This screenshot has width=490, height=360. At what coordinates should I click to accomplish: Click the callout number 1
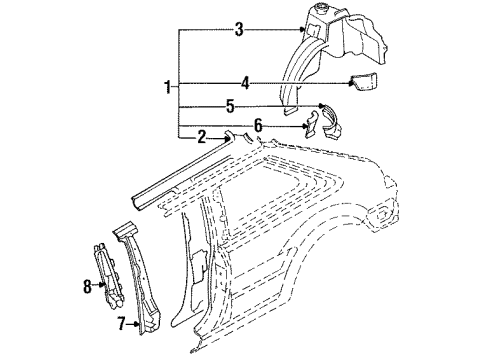click(x=169, y=87)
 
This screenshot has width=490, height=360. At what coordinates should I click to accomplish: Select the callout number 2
click(x=202, y=137)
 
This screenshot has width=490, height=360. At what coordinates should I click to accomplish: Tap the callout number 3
click(x=239, y=29)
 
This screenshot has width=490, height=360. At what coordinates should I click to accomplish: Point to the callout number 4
click(x=245, y=83)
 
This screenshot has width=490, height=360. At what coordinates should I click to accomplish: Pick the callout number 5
click(x=230, y=107)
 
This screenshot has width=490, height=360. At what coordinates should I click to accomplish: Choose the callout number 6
click(x=258, y=126)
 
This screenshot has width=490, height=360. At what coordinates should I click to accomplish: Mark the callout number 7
click(x=121, y=323)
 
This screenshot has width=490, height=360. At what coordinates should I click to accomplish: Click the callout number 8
click(x=87, y=286)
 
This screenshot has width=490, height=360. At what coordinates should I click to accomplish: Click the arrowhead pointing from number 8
click(x=102, y=284)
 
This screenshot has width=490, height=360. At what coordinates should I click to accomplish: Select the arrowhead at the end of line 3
click(x=302, y=30)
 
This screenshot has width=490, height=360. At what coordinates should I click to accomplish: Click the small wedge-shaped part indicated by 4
click(x=364, y=81)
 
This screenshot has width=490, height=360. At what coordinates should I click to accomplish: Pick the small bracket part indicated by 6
click(x=312, y=124)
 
